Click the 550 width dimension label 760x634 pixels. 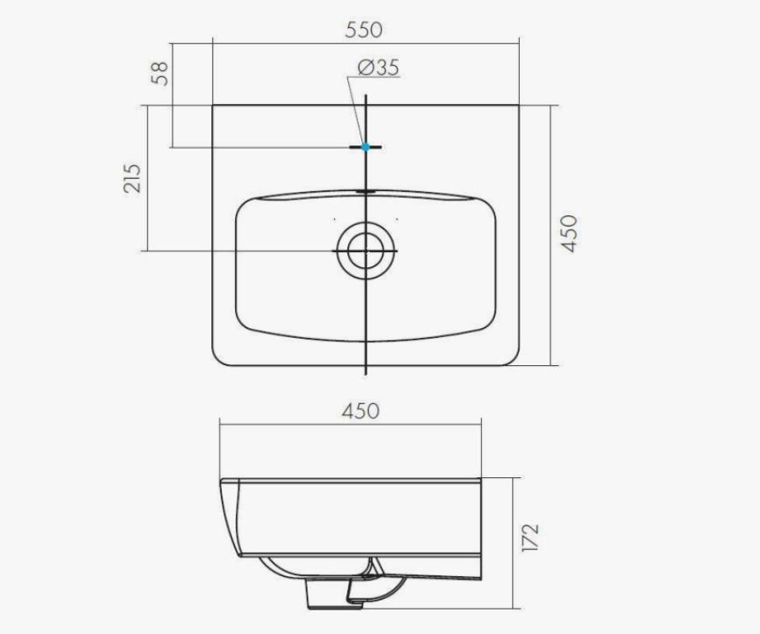tap(364, 30)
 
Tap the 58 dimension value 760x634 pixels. tap(160, 74)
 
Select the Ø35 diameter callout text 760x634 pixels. tap(379, 67)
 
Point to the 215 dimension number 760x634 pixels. tap(131, 179)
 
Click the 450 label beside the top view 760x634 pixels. tap(569, 234)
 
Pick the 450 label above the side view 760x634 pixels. tap(360, 412)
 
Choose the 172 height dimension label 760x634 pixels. tap(529, 537)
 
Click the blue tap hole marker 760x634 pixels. tap(366, 146)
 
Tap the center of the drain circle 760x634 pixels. tap(366, 251)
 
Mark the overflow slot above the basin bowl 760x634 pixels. tap(366, 192)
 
